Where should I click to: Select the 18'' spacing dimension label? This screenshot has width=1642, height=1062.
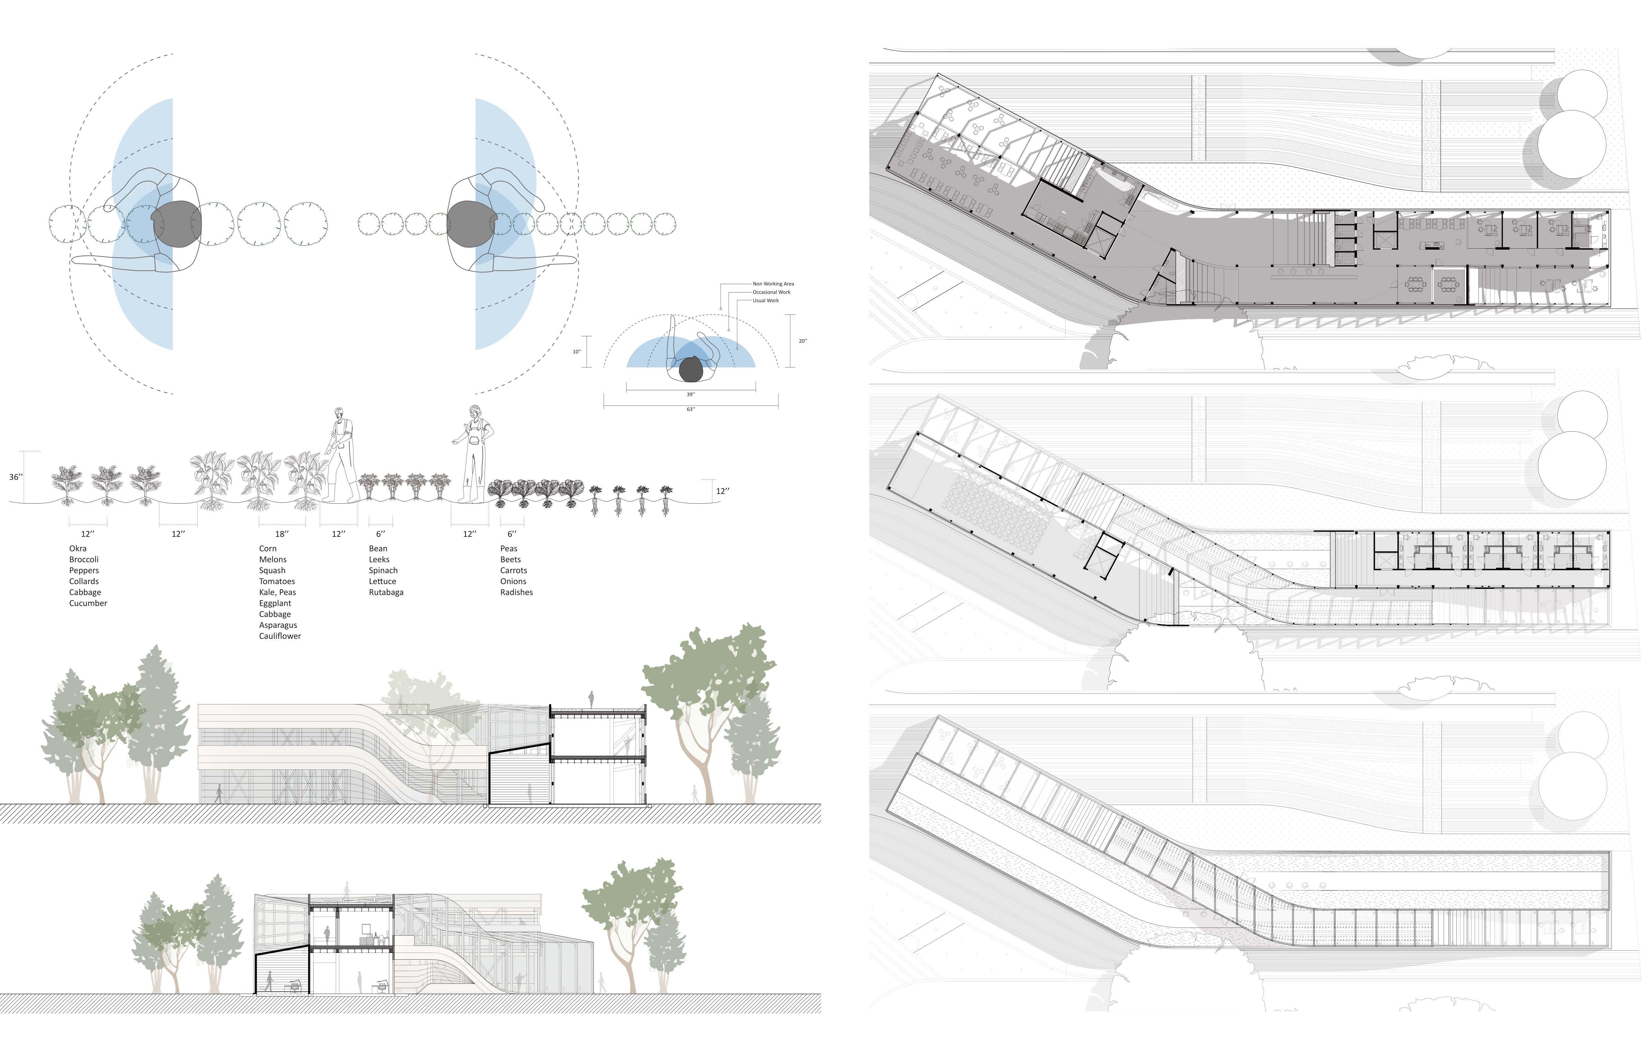click(281, 534)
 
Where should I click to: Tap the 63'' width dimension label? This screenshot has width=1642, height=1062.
click(691, 410)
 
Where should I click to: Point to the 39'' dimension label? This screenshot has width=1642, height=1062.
click(691, 395)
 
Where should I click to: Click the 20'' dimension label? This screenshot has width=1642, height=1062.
click(802, 341)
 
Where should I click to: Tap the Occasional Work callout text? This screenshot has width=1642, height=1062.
click(771, 293)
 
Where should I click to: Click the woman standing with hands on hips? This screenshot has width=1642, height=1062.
click(475, 452)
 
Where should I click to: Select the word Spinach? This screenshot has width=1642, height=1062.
click(383, 570)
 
